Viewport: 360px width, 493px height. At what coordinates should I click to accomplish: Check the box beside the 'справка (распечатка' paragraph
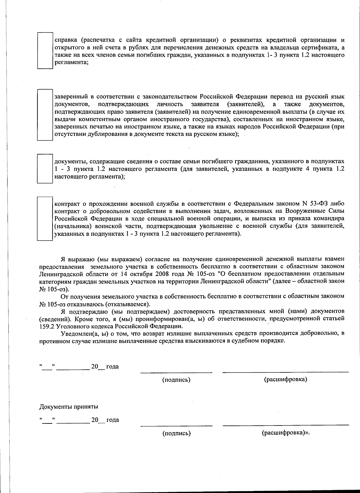tap(45, 50)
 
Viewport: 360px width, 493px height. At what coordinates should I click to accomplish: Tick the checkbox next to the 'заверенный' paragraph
tap(45, 115)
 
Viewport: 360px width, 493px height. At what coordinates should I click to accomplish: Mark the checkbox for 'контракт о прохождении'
tap(45, 218)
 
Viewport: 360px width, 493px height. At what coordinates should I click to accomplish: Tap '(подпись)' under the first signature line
tap(176, 380)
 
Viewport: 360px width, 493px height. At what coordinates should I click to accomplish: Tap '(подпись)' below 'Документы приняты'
tap(176, 433)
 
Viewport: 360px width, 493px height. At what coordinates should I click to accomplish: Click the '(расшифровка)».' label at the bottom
tap(286, 433)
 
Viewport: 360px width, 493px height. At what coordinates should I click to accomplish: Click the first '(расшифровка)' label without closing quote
tap(286, 379)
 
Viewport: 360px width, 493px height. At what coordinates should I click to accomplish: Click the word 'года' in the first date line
tap(112, 367)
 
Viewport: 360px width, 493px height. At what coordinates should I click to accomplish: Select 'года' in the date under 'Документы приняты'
tap(112, 420)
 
